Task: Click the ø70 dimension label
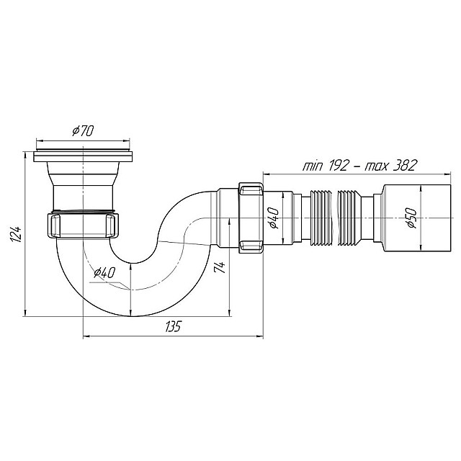[x=83, y=131]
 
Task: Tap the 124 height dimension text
[x=16, y=234]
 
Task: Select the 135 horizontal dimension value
[x=173, y=326]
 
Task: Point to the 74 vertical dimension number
[x=220, y=267]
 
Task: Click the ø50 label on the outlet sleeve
[x=412, y=218]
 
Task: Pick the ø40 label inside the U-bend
[x=104, y=274]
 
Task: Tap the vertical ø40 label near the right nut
[x=273, y=218]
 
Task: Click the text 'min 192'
[x=326, y=166]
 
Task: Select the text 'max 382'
[x=390, y=166]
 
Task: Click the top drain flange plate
[x=84, y=156]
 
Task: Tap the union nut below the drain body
[x=84, y=225]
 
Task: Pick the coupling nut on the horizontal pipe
[x=251, y=218]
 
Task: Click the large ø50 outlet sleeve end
[x=416, y=218]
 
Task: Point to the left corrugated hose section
[x=321, y=218]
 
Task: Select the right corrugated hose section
[x=349, y=218]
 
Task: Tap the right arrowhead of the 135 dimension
[x=261, y=336]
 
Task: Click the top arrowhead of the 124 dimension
[x=25, y=154]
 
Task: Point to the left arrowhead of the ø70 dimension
[x=39, y=140]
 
